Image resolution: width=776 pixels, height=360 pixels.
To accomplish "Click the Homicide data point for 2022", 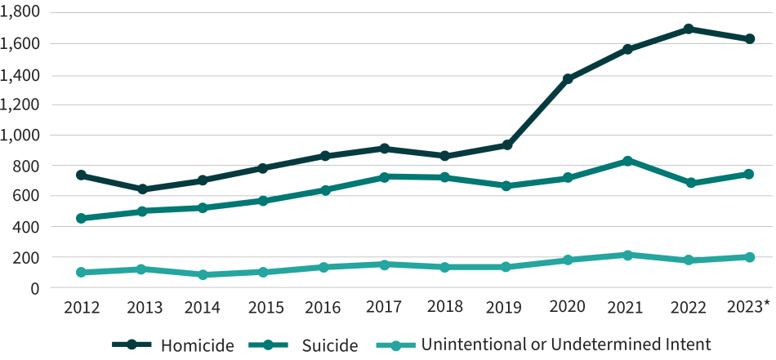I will pos(689,29).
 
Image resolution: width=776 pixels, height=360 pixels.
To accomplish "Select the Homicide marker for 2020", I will pos(568,79).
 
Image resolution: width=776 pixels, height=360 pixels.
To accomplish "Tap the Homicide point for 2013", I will pos(142,189).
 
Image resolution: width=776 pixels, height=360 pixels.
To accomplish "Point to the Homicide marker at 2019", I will pos(506,145).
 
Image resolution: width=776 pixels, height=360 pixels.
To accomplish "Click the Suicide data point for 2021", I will pos(628,161).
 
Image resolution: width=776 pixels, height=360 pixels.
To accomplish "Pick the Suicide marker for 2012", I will pos(82,219).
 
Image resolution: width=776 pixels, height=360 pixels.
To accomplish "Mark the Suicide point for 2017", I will pos(385,176).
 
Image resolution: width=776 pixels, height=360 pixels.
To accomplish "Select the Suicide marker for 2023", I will pos(748,174).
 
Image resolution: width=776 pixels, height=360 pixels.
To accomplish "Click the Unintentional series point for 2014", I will pos(203,275).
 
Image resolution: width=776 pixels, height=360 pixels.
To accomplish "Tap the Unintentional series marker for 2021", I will pos(628,256).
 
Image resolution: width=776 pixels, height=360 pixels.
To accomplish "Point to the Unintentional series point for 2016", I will pos(324,267).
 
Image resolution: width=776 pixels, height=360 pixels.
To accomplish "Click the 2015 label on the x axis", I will pos(264,307).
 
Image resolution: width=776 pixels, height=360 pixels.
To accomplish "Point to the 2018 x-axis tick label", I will pos(445,307).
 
